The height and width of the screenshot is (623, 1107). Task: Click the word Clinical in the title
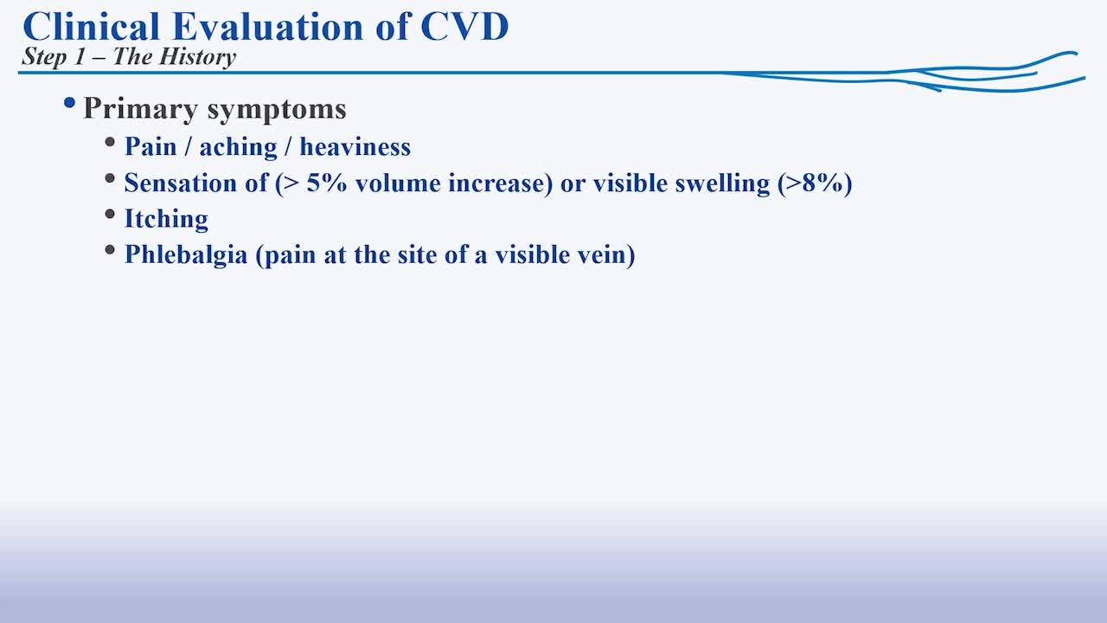click(x=92, y=26)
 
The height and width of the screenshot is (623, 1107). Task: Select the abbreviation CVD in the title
click(x=465, y=26)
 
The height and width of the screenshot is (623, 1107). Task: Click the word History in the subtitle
click(x=198, y=57)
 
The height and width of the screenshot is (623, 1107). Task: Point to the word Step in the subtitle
click(x=44, y=57)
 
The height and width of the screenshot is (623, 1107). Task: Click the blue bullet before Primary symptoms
click(x=70, y=103)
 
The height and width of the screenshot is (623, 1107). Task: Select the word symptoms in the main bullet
click(x=277, y=109)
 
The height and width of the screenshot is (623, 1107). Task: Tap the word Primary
click(x=140, y=109)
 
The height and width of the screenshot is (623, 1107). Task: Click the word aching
click(x=238, y=147)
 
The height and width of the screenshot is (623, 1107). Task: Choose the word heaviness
click(x=355, y=147)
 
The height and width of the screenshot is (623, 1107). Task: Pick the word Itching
click(x=167, y=219)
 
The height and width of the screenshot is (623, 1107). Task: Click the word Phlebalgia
click(x=186, y=255)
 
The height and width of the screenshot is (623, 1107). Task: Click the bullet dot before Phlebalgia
click(x=110, y=251)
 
